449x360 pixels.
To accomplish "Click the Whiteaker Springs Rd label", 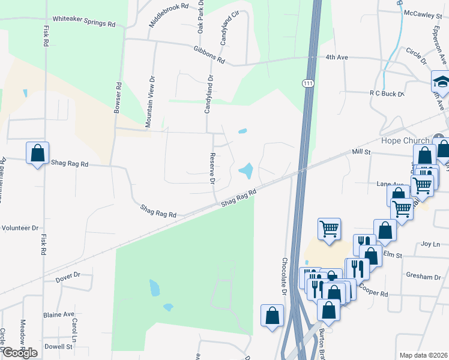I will pyautogui.click(x=83, y=22).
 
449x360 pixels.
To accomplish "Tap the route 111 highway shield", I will pyautogui.click(x=308, y=83).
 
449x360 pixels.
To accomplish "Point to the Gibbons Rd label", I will pyautogui.click(x=209, y=55).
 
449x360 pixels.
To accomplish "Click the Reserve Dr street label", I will pyautogui.click(x=212, y=170).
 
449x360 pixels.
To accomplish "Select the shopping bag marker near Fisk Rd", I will pyautogui.click(x=37, y=153).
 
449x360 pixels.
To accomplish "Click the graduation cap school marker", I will pyautogui.click(x=441, y=81).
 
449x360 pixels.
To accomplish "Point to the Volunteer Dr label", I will pyautogui.click(x=20, y=228).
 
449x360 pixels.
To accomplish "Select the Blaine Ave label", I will pyautogui.click(x=58, y=314).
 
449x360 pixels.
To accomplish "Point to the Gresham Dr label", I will pyautogui.click(x=423, y=277).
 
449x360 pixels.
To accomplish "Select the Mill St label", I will pyautogui.click(x=364, y=152).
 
